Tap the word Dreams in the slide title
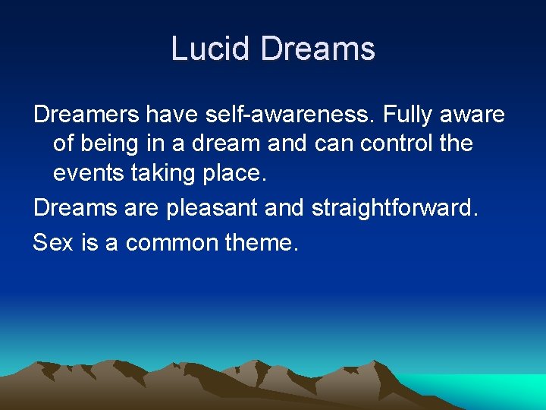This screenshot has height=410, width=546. point(318,49)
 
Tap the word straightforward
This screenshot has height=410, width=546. point(395,207)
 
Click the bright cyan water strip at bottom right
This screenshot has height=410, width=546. point(485,387)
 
